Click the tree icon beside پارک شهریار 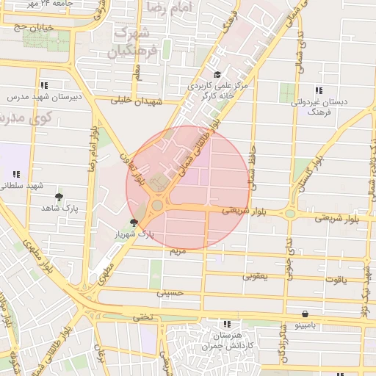click(x=133, y=223)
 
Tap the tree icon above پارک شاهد click(x=59, y=197)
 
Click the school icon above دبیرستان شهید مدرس click(x=44, y=85)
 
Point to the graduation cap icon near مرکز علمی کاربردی click(x=217, y=74)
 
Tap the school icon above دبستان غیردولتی click(x=318, y=90)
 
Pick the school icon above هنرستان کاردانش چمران click(x=227, y=324)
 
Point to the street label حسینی click(x=168, y=292)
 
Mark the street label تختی click(x=142, y=317)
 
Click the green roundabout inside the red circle click(x=158, y=205)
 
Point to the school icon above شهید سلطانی click(x=16, y=174)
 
